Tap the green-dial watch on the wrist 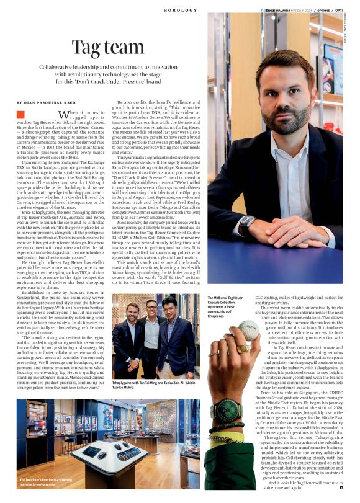pos(227,411)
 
